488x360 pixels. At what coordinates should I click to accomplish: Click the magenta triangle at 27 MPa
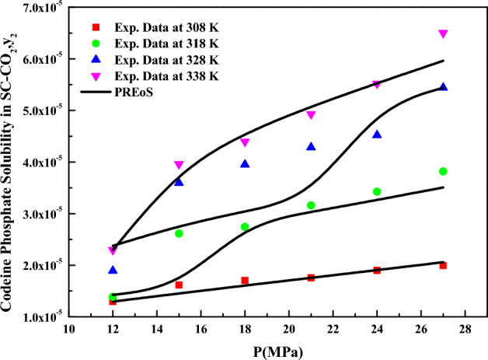coord(443,34)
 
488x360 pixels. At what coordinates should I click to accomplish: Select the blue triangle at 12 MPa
coord(113,270)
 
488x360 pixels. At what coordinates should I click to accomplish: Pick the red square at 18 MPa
coord(245,280)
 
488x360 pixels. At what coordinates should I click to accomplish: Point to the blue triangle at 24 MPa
coord(377,134)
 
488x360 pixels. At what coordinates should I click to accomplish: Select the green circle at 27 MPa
coord(443,171)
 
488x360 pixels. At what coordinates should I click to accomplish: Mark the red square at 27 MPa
coord(443,265)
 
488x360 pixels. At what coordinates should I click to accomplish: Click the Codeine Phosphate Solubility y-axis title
coord(9,163)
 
